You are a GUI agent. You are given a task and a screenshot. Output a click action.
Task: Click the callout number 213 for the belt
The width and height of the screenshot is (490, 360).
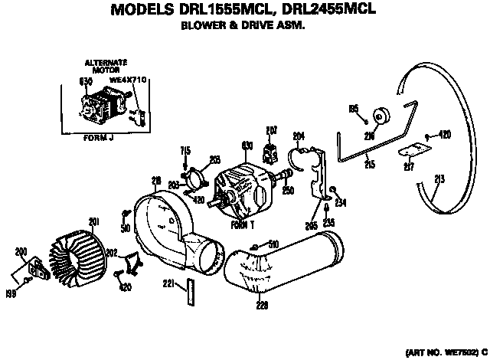click(439, 181)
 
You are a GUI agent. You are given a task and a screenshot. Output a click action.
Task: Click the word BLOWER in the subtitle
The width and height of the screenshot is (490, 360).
click(199, 25)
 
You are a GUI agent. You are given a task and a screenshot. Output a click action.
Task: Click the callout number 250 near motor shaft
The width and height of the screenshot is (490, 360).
click(287, 191)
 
